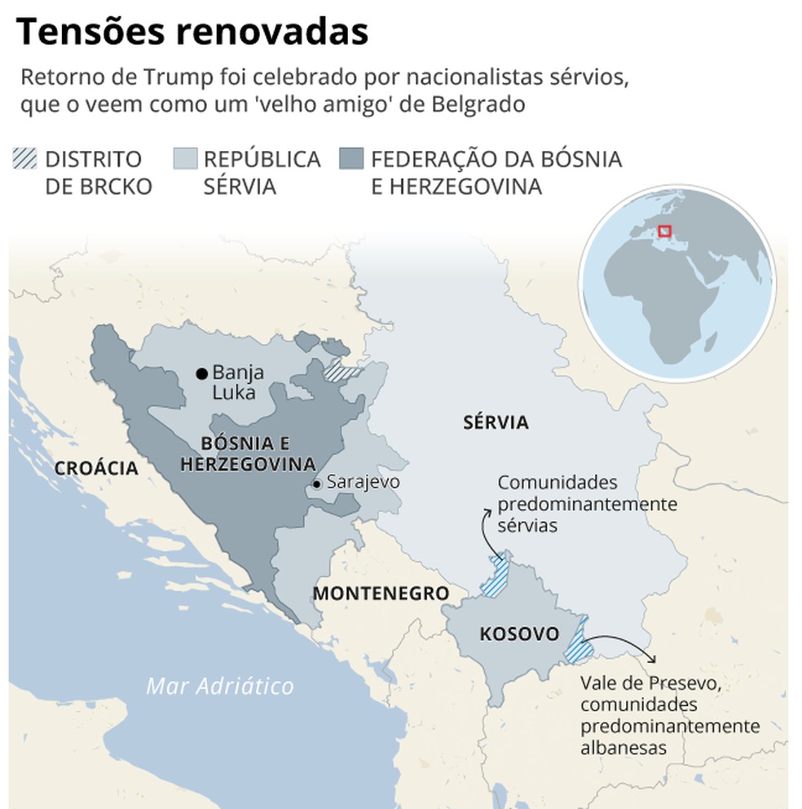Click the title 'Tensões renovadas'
tap(192, 31)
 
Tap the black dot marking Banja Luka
tap(201, 374)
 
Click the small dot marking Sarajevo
tap(317, 484)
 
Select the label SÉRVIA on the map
tap(496, 422)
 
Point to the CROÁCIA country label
tap(95, 468)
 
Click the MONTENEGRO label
tap(381, 593)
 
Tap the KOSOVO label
tap(519, 634)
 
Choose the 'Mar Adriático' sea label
tap(219, 686)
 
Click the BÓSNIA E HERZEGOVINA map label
tap(247, 453)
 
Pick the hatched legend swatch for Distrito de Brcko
tap(25, 159)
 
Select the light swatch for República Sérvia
tap(185, 159)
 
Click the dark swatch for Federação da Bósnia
tap(351, 159)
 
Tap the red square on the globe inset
tap(664, 231)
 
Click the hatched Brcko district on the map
tap(342, 373)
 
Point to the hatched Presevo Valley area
tap(579, 643)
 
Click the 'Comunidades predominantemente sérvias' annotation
tap(587, 504)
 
